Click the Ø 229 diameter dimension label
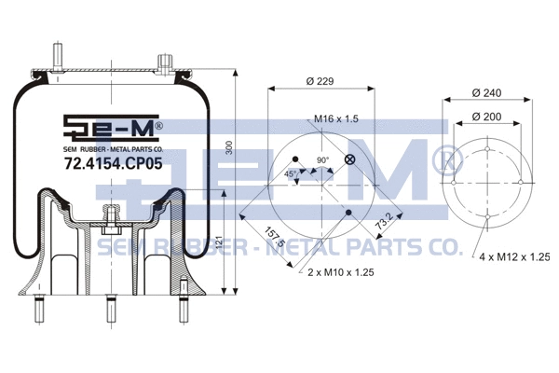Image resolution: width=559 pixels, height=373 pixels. [x=320, y=81]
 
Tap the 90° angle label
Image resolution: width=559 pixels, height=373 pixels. [x=322, y=160]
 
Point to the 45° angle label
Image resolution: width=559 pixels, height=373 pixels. [x=293, y=173]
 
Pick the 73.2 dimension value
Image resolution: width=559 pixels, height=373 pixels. [x=382, y=222]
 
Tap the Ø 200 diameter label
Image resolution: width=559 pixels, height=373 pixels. [x=487, y=117]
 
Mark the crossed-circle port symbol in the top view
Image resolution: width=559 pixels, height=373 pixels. [x=349, y=159]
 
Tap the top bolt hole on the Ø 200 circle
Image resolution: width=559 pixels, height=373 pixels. [x=488, y=145]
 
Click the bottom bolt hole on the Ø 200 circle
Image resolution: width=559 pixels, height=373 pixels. [x=488, y=218]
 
